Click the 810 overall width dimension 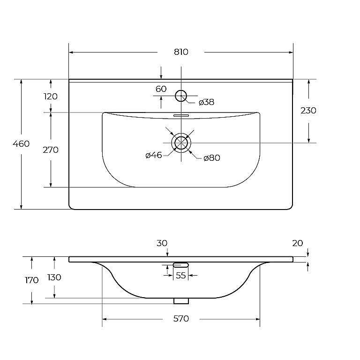(181, 52)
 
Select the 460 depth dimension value (21, 144)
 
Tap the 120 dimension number (51, 97)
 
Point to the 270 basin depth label (51, 150)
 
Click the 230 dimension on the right (308, 111)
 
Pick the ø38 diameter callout (206, 102)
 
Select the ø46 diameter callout (154, 155)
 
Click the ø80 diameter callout (212, 158)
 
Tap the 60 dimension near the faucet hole (161, 89)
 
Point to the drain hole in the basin (181, 143)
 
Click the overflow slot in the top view (181, 115)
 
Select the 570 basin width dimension (181, 319)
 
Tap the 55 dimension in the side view (180, 275)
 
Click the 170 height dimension (32, 280)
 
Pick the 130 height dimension (54, 277)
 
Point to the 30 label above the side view (162, 243)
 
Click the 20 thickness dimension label (298, 243)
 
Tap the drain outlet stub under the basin (181, 301)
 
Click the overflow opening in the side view (180, 265)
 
